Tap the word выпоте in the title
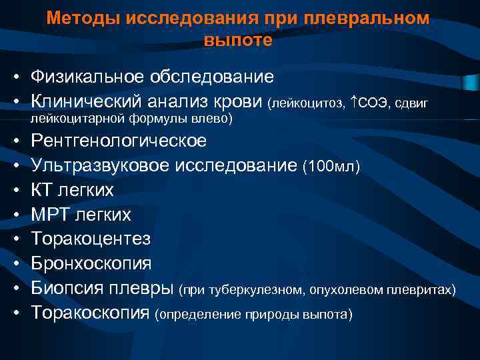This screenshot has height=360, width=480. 239,40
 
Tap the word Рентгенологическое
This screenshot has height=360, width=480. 119,141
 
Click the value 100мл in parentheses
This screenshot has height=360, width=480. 331,167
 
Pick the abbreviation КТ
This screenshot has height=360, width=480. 43,190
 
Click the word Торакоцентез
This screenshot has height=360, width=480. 91,239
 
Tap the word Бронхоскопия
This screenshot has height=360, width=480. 91,263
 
